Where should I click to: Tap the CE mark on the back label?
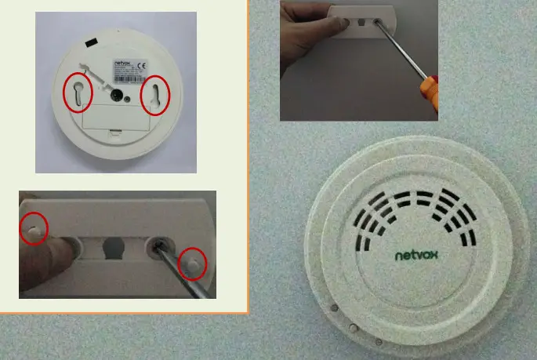pos(140,66)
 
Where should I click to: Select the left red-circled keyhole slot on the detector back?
pos(78,93)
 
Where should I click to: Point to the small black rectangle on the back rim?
pos(92,41)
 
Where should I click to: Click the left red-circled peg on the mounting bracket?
pos(33,227)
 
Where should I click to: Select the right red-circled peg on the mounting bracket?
pos(191,264)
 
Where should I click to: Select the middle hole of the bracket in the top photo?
pos(362,23)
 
